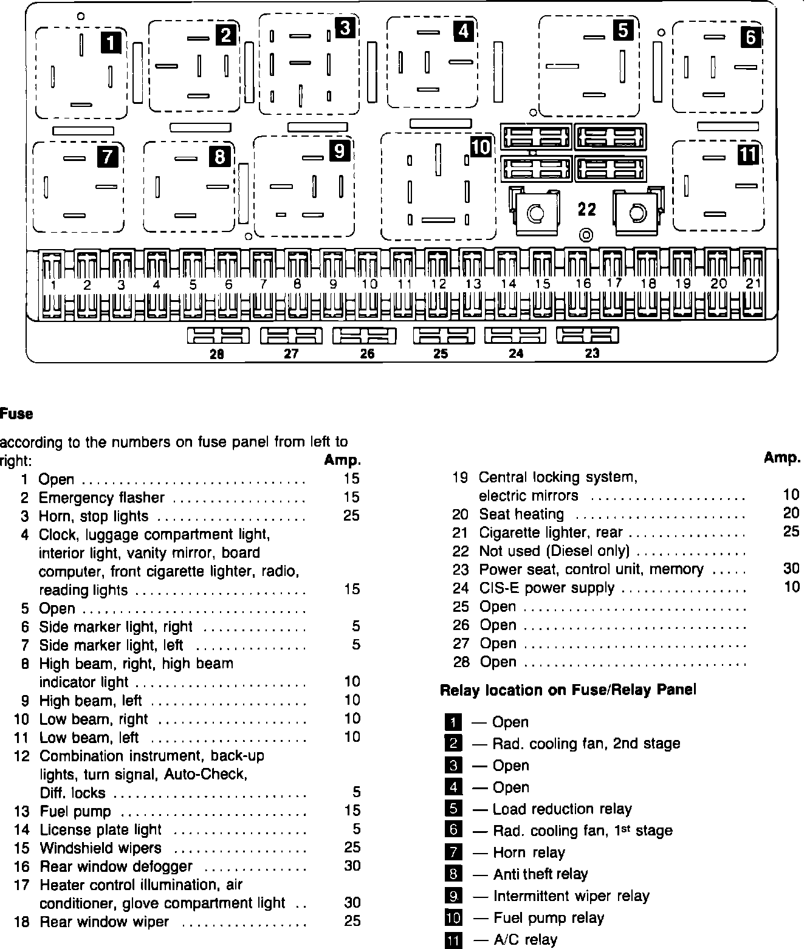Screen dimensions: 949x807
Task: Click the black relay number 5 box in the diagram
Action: pyautogui.click(x=623, y=30)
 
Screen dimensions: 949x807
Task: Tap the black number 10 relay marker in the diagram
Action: pyautogui.click(x=480, y=146)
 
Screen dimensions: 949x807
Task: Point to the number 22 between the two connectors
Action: pyautogui.click(x=587, y=210)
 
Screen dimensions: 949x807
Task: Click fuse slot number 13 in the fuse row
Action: pyautogui.click(x=472, y=284)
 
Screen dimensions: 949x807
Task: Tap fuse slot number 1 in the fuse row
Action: pyautogui.click(x=52, y=284)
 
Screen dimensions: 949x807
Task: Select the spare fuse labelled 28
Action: pyautogui.click(x=217, y=336)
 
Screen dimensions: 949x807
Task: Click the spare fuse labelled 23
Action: pyautogui.click(x=587, y=335)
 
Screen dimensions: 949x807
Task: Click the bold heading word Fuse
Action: pyautogui.click(x=16, y=414)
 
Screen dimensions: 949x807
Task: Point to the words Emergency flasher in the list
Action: pyautogui.click(x=101, y=498)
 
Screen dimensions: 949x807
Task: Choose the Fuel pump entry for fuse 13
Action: pyautogui.click(x=75, y=812)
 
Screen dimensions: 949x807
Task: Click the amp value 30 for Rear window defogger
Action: pyautogui.click(x=352, y=866)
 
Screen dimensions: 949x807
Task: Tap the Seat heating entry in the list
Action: pyautogui.click(x=521, y=515)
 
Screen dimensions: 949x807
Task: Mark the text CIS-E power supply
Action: pyautogui.click(x=546, y=588)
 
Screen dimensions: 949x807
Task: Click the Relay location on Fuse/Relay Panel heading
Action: pyautogui.click(x=568, y=690)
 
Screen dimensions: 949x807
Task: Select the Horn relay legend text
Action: pyautogui.click(x=529, y=852)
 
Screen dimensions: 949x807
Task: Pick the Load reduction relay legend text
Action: pyautogui.click(x=562, y=809)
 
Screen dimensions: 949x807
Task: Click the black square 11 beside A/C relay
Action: pyautogui.click(x=453, y=940)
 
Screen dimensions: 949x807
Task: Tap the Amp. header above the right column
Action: pyautogui.click(x=782, y=458)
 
